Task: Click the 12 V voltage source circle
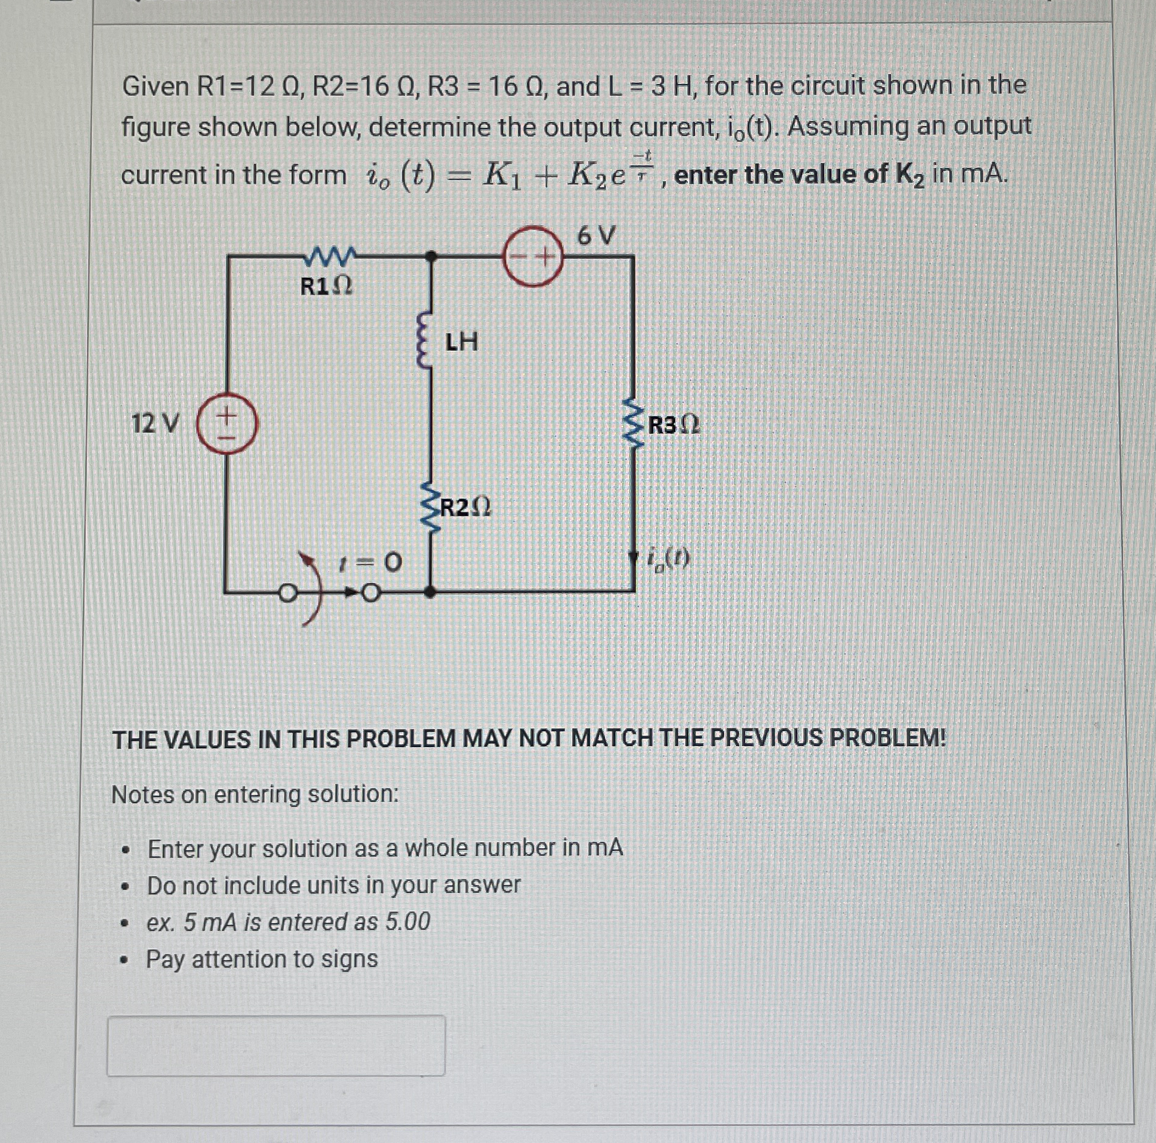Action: click(x=226, y=424)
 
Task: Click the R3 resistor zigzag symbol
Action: click(x=634, y=423)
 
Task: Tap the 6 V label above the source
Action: click(x=596, y=235)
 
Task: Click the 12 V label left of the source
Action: click(x=155, y=423)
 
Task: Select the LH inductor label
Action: click(x=462, y=342)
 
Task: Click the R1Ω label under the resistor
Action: click(x=327, y=286)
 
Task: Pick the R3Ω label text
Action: click(x=674, y=425)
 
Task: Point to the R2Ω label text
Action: click(x=465, y=507)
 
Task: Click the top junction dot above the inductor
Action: click(x=431, y=257)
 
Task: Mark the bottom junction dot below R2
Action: click(x=429, y=591)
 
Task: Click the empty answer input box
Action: click(x=275, y=1045)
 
